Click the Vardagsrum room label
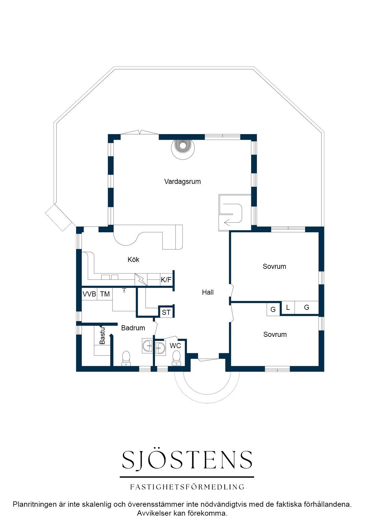coord(182,181)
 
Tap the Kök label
coord(133,260)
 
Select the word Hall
coord(208,292)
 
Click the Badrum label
coord(133,328)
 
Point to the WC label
coord(175,346)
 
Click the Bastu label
coord(102,336)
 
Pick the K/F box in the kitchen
coord(166,280)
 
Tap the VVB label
coord(89,294)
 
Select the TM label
coord(105,294)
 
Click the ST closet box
coord(166,312)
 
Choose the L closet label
coord(288,307)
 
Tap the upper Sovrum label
coord(274,266)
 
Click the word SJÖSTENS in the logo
coord(187,460)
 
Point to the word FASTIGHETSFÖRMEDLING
coord(187,487)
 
